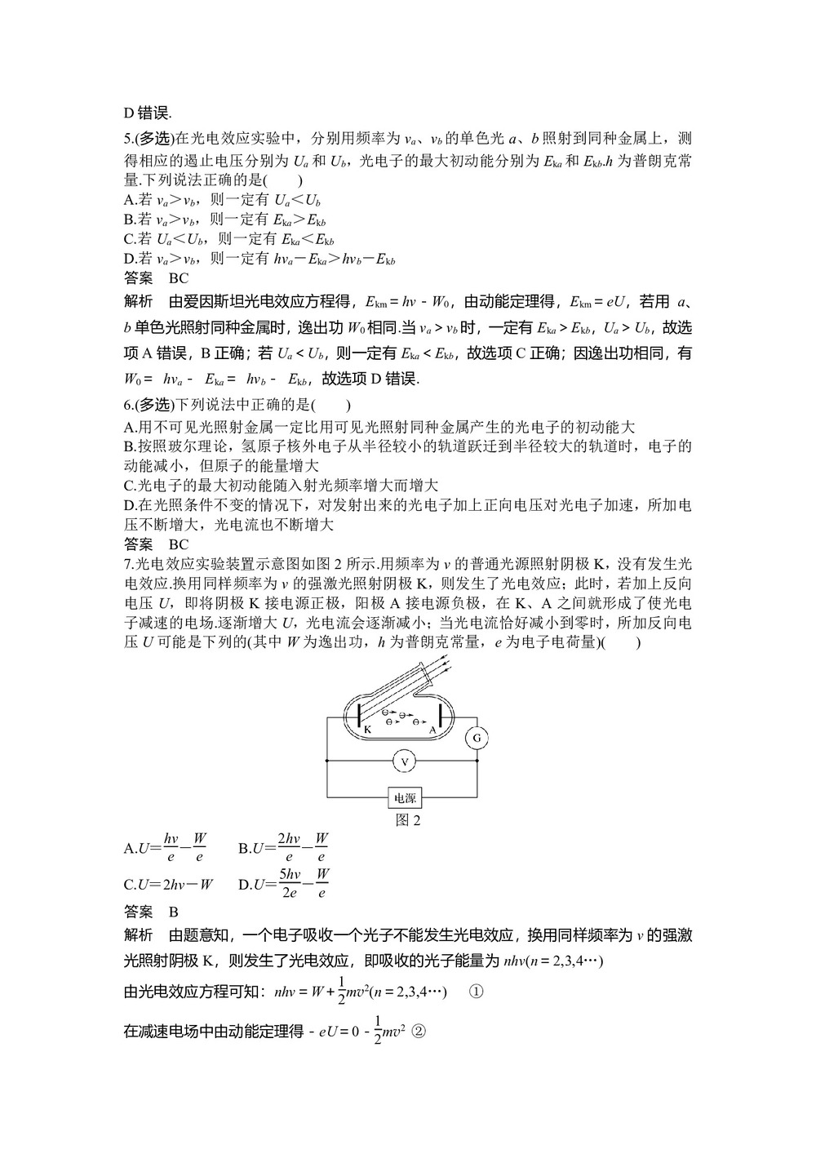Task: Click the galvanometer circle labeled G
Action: (x=477, y=739)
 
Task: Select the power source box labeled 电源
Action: (x=404, y=797)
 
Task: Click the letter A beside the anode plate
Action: (x=432, y=730)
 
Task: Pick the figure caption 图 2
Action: (x=407, y=820)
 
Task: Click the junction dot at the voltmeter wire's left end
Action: (x=327, y=761)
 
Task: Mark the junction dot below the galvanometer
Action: (x=477, y=761)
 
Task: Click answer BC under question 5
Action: (x=179, y=278)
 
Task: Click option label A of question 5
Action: (x=129, y=200)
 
